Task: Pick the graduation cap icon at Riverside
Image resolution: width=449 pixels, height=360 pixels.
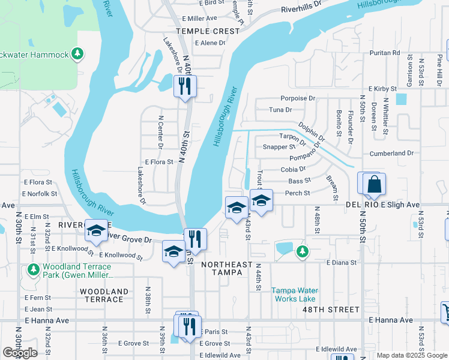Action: [x=96, y=232]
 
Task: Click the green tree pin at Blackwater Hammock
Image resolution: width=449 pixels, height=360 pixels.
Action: [x=77, y=55]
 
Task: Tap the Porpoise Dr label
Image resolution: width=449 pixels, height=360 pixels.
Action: [x=298, y=98]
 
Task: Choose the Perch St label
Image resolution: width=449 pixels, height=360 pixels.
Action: [x=298, y=193]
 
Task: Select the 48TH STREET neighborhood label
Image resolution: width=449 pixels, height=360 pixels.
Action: [x=335, y=310]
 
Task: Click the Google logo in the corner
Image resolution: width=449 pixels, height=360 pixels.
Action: [x=20, y=353]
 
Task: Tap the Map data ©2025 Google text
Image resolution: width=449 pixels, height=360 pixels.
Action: [x=412, y=355]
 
